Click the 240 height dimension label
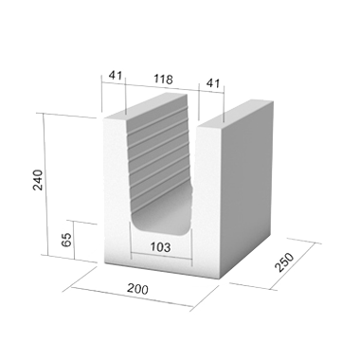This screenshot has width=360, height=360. coord(38,180)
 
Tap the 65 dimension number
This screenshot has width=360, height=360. coord(66,240)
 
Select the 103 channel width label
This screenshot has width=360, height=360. coord(160,247)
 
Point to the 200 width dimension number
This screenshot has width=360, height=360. coord(137,289)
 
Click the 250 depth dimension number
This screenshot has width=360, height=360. coord(284,262)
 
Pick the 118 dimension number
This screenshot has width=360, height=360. coord(163,79)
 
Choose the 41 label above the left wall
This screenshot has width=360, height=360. coord(116,75)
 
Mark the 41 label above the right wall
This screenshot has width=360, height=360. coord(213,83)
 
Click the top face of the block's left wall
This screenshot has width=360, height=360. coord(145,106)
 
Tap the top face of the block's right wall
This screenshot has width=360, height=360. coord(235,115)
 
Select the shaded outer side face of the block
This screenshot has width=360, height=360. coord(247,189)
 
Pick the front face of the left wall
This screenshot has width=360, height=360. coord(117,189)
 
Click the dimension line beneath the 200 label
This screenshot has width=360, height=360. coord(133,297)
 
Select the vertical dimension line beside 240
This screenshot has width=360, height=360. coord(45,185)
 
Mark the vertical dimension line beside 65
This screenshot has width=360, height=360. coord(74,240)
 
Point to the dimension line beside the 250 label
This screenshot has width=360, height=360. coord(293,266)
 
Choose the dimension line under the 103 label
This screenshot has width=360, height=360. coord(162,257)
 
